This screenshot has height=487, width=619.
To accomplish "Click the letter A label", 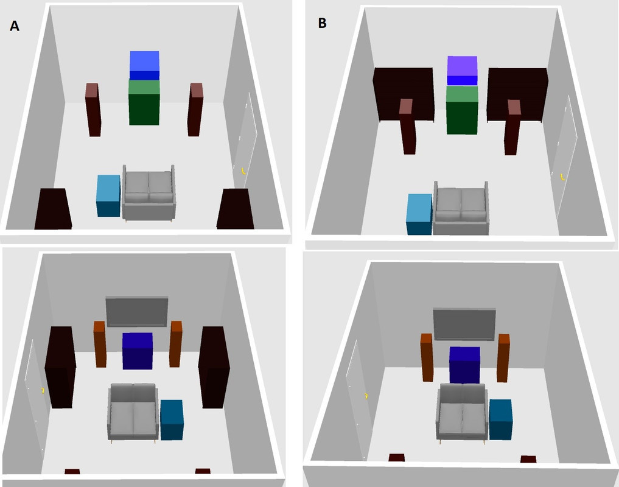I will (15, 26).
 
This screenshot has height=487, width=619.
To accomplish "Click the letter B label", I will (323, 24).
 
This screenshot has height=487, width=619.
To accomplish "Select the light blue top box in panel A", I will (144, 65).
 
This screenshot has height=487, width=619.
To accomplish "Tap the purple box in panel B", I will (462, 70).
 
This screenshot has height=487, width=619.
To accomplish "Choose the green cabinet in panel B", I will (462, 110).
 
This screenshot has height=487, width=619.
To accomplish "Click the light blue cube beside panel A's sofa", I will (108, 195).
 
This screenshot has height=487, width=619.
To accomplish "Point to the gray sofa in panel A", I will (149, 193).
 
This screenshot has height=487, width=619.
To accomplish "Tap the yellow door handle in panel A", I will (244, 171).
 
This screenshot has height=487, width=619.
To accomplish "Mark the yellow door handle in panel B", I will (562, 177).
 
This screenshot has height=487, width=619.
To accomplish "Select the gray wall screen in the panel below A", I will (137, 311).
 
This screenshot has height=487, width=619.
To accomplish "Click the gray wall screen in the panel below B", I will (464, 324).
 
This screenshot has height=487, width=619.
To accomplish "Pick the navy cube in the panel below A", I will (138, 351).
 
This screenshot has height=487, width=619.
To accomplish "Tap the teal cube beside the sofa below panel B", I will (500, 419).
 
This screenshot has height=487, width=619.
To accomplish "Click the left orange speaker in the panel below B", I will (426, 358).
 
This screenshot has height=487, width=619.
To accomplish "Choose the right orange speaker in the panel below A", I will (176, 344).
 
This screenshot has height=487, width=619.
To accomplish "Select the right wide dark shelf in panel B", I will (517, 94).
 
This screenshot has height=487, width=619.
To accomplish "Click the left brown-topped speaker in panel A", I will (93, 110).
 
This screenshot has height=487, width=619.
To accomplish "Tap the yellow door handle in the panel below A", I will (43, 390).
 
